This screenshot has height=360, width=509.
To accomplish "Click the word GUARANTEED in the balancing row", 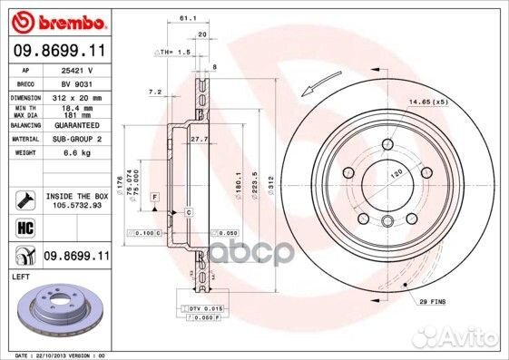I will pos(78,126).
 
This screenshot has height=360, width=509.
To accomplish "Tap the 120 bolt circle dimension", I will pos(396,172).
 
